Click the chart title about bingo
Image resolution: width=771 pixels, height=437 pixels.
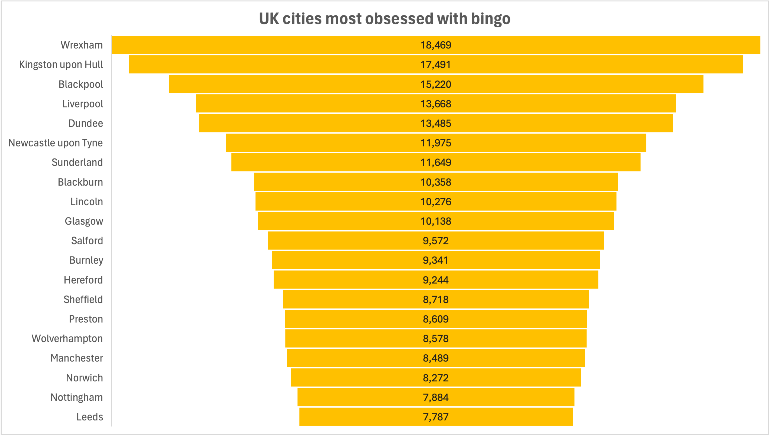(x=384, y=19)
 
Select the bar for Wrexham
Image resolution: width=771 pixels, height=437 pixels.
(x=436, y=45)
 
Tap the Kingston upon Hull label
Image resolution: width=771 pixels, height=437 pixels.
(x=61, y=65)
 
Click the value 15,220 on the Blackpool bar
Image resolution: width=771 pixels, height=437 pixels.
(x=436, y=84)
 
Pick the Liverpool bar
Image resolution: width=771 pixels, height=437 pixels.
(x=436, y=103)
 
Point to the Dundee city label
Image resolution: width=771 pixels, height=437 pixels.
(x=86, y=123)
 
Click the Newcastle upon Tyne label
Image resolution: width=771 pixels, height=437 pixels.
(x=56, y=143)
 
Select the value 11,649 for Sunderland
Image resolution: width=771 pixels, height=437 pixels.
(x=436, y=162)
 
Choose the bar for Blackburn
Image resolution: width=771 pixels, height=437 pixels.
(x=436, y=182)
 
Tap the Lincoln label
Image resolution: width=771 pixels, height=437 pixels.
(x=87, y=202)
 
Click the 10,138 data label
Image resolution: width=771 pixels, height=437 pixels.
(x=436, y=221)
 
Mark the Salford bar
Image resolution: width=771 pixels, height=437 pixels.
(x=436, y=240)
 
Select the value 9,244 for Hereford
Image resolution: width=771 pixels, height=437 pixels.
(x=436, y=280)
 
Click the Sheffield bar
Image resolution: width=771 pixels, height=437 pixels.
(x=436, y=299)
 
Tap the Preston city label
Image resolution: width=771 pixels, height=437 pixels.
(x=86, y=319)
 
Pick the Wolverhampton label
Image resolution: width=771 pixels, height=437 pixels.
(x=67, y=339)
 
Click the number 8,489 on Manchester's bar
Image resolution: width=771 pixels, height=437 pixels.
(x=436, y=358)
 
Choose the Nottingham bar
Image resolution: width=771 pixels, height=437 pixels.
(x=436, y=397)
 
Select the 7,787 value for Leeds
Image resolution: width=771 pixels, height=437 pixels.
(x=436, y=417)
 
